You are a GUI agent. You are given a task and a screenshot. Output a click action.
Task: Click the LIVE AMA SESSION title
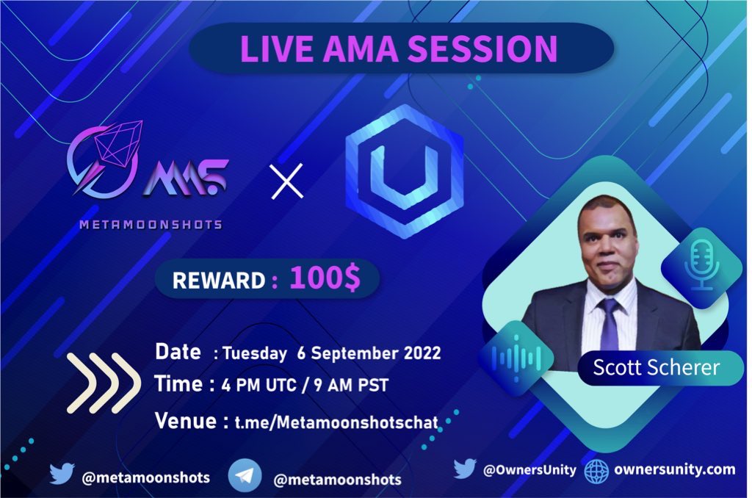(399, 48)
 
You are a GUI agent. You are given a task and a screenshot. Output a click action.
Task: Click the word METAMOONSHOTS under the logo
(151, 225)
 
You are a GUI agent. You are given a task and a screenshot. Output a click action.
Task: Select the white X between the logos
(286, 181)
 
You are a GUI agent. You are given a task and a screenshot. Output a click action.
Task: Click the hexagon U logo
(405, 170)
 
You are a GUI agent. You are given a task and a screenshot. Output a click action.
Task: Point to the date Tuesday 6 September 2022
(328, 353)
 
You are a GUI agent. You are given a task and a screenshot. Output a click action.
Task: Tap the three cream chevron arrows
(104, 383)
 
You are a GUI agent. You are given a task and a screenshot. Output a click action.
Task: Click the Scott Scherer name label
(657, 367)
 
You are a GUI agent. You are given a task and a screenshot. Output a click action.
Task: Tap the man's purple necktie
(610, 324)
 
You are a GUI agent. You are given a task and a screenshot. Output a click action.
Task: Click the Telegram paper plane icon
(245, 477)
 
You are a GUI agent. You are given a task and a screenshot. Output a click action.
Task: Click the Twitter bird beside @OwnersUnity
(465, 469)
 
